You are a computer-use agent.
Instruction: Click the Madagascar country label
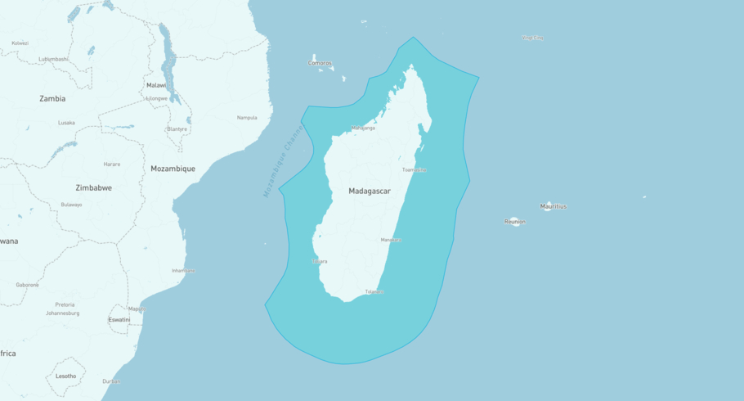pyautogui.click(x=370, y=191)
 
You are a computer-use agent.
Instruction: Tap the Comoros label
pyautogui.click(x=320, y=63)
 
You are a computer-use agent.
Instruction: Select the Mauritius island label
pyautogui.click(x=553, y=206)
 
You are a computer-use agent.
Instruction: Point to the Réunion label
pyautogui.click(x=515, y=221)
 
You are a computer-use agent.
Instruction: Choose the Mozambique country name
pyautogui.click(x=173, y=169)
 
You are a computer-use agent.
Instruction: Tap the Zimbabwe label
pyautogui.click(x=94, y=187)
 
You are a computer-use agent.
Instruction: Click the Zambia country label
pyautogui.click(x=52, y=98)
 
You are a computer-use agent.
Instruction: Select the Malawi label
pyautogui.click(x=156, y=85)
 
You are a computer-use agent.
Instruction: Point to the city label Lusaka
pyautogui.click(x=66, y=123)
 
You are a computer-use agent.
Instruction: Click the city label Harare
pyautogui.click(x=112, y=164)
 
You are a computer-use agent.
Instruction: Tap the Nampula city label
pyautogui.click(x=247, y=117)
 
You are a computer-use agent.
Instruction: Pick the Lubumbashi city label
pyautogui.click(x=53, y=59)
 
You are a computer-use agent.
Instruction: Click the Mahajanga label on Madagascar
pyautogui.click(x=363, y=128)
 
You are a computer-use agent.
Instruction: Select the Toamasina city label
pyautogui.click(x=414, y=169)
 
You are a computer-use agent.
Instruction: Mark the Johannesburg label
pyautogui.click(x=62, y=313)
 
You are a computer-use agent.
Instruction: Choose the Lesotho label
pyautogui.click(x=65, y=376)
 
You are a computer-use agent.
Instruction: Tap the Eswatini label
pyautogui.click(x=119, y=319)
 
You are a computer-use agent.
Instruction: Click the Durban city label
pyautogui.click(x=111, y=381)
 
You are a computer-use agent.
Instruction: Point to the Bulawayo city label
pyautogui.click(x=71, y=205)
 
